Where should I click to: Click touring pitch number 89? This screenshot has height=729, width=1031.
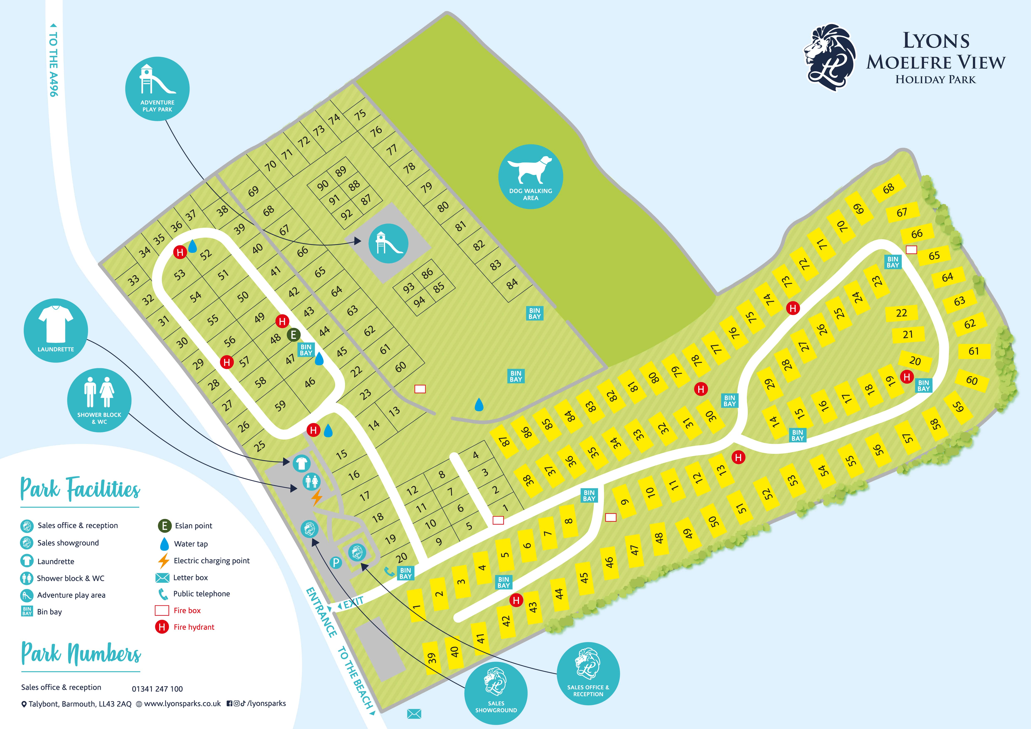pos(341,171)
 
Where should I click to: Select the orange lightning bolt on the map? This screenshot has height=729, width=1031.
pos(317,497)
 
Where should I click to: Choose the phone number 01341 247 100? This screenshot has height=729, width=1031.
pos(157,689)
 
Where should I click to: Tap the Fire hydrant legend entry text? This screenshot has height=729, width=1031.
pos(194,627)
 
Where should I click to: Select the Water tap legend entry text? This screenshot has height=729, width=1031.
pos(191,544)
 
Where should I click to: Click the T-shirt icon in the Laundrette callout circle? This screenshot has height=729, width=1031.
pos(56,322)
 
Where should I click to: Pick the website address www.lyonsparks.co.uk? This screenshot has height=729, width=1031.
pos(182,703)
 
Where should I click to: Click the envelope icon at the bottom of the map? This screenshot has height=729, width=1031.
pos(414,714)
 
